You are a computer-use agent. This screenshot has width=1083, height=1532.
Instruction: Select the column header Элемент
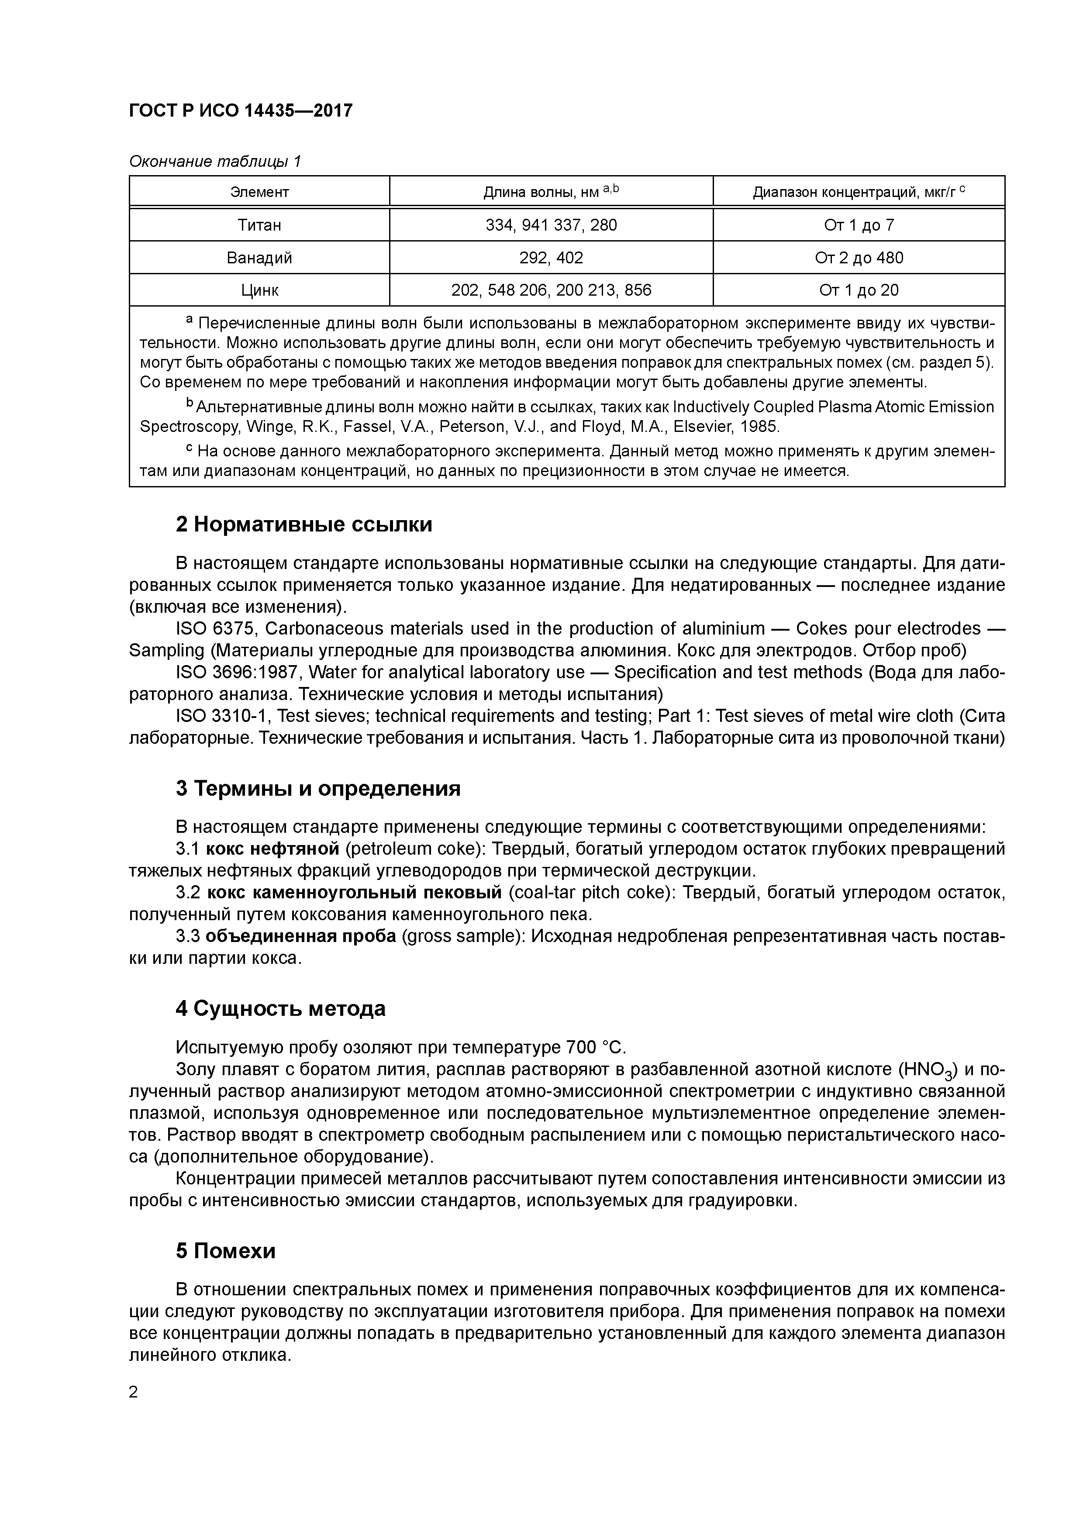[x=259, y=192]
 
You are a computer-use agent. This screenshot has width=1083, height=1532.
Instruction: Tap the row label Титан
[x=259, y=225]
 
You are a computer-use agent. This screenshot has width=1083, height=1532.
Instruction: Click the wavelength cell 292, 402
[x=551, y=258]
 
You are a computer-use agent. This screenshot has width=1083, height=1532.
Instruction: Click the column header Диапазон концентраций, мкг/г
[x=858, y=192]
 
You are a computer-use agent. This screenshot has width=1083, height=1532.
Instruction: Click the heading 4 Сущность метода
[x=280, y=1008]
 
